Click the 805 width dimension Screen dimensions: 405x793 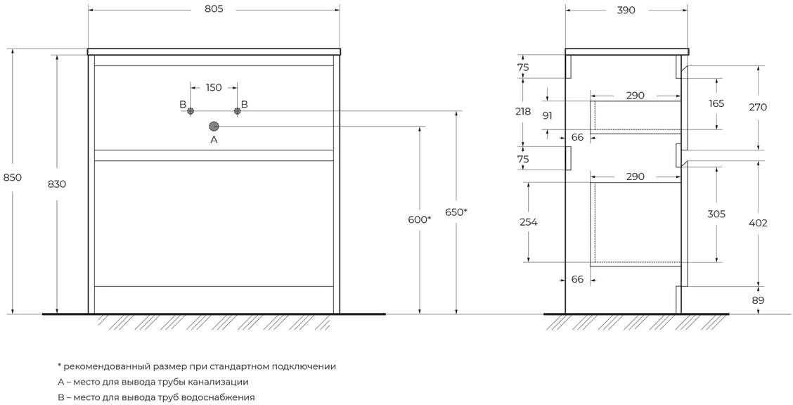click(214, 11)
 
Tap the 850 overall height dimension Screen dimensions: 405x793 click(13, 177)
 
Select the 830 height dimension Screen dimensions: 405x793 click(57, 184)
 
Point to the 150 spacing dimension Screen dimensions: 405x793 click(214, 88)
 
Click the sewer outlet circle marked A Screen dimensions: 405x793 click(214, 126)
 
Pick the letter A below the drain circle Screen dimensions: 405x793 click(214, 140)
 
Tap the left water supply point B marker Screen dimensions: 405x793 click(190, 110)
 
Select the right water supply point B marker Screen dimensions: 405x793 click(238, 110)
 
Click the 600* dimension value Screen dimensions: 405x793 click(420, 219)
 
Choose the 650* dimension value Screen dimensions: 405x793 click(456, 212)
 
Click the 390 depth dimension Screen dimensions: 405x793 click(626, 11)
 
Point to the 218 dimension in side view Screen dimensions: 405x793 click(523, 111)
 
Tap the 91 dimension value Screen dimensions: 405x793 click(548, 115)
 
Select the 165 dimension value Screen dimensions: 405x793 click(716, 103)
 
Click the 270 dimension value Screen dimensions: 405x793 click(758, 108)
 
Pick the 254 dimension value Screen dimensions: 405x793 click(528, 222)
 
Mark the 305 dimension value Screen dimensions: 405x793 click(716, 214)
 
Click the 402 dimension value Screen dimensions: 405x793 click(758, 223)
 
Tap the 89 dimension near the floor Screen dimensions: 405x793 click(758, 300)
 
